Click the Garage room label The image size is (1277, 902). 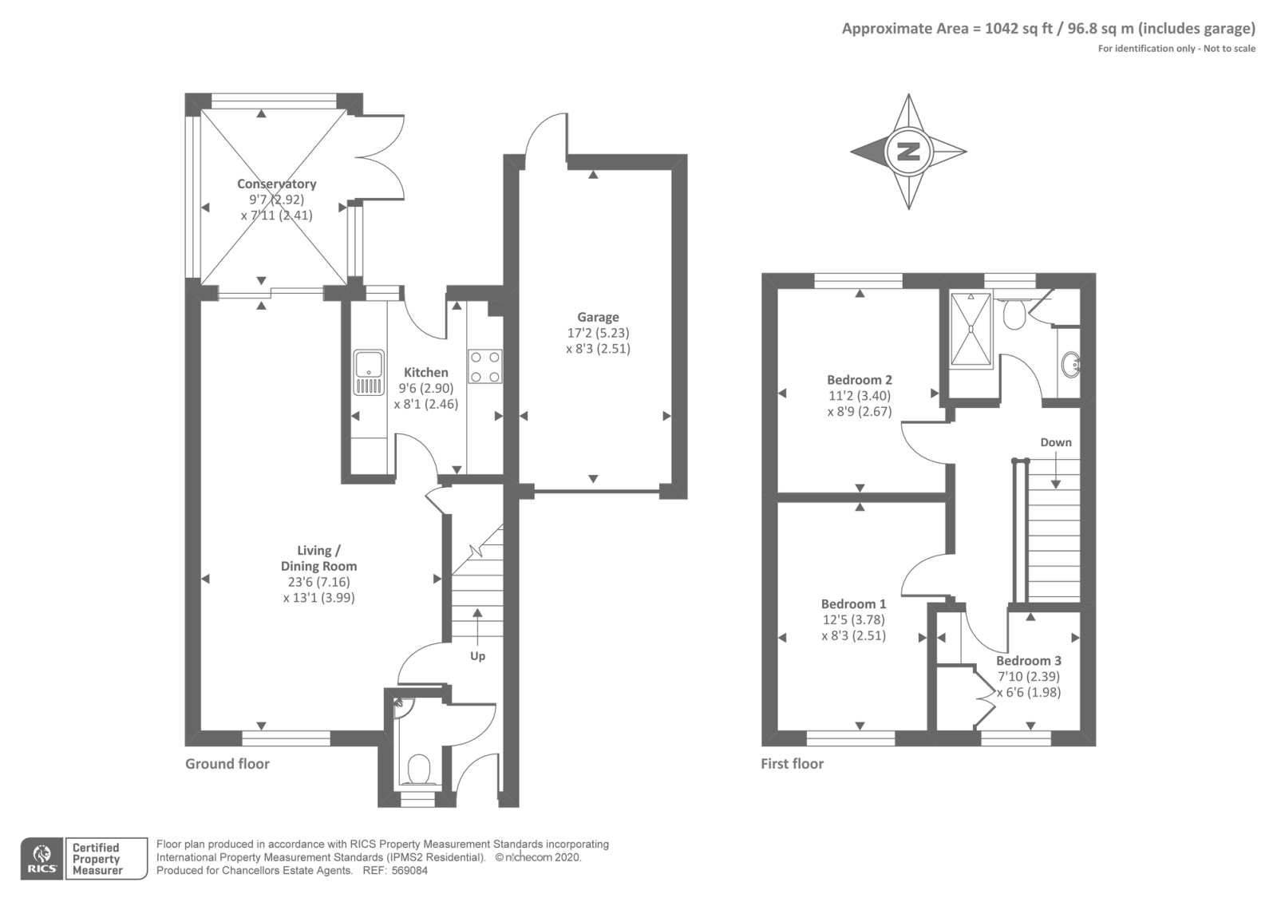point(598,317)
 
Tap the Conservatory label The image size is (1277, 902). point(276,184)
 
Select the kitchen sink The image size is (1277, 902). point(369,373)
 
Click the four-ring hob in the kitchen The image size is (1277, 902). point(485,366)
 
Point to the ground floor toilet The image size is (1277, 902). point(419,769)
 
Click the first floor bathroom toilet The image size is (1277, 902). point(1014,315)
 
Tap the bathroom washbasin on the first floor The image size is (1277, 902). point(1071,364)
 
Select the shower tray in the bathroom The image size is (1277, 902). point(971,328)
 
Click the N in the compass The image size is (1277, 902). point(909,152)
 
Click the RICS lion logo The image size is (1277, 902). point(42,858)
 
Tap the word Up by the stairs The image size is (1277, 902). point(478,656)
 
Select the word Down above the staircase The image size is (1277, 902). point(1056,442)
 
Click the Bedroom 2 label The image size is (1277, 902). point(860,380)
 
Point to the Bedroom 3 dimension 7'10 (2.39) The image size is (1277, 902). point(1029,677)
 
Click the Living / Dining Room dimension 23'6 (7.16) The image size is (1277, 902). point(318,582)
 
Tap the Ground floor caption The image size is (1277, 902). point(227,763)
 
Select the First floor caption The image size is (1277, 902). point(793,763)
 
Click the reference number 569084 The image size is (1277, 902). point(409,871)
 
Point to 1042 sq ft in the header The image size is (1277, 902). point(1018,29)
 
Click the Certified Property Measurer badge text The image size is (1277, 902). point(97,859)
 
